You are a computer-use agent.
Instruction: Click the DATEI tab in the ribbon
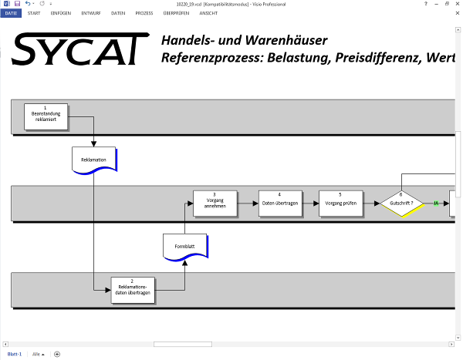pyautogui.click(x=12, y=13)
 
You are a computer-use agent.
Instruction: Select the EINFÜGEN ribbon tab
pyautogui.click(x=61, y=13)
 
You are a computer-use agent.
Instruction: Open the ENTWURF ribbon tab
pyautogui.click(x=90, y=13)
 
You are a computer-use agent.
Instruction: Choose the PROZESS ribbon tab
pyautogui.click(x=144, y=13)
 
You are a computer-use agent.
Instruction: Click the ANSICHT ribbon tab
pyautogui.click(x=208, y=13)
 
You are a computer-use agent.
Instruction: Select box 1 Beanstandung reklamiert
pyautogui.click(x=46, y=116)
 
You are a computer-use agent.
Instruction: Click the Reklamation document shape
pyautogui.click(x=93, y=160)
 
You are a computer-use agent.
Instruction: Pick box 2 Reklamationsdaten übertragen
pyautogui.click(x=133, y=290)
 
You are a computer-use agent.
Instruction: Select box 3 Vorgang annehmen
pyautogui.click(x=215, y=203)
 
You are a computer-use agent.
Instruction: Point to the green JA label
pyautogui.click(x=436, y=204)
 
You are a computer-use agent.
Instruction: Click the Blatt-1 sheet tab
pyautogui.click(x=15, y=354)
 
